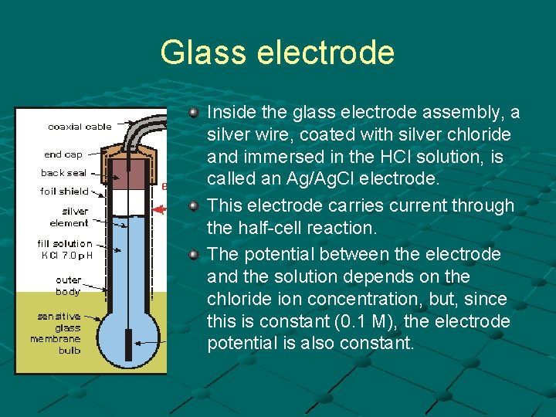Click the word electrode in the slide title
tap(325, 53)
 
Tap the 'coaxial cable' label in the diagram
tap(79, 127)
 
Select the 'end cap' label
tap(63, 154)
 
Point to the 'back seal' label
tap(64, 173)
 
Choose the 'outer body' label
tap(68, 286)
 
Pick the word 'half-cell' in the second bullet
tap(241, 229)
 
